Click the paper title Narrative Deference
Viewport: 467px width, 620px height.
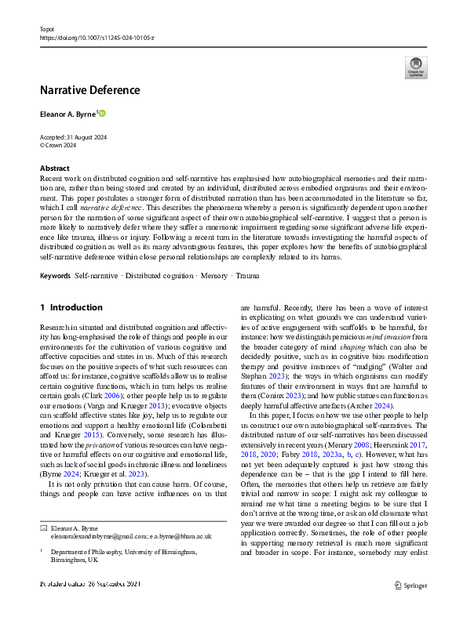coord(90,89)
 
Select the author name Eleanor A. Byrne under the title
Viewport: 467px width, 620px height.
coord(67,114)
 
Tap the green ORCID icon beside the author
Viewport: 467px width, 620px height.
coord(101,114)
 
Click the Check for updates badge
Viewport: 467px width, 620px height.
coord(415,67)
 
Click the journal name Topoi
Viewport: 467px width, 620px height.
coord(49,27)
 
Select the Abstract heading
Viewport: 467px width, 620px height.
coord(55,169)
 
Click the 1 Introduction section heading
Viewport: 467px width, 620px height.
coord(71,307)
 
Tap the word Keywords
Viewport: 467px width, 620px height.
coord(56,276)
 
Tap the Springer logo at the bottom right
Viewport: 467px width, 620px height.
coord(410,606)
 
